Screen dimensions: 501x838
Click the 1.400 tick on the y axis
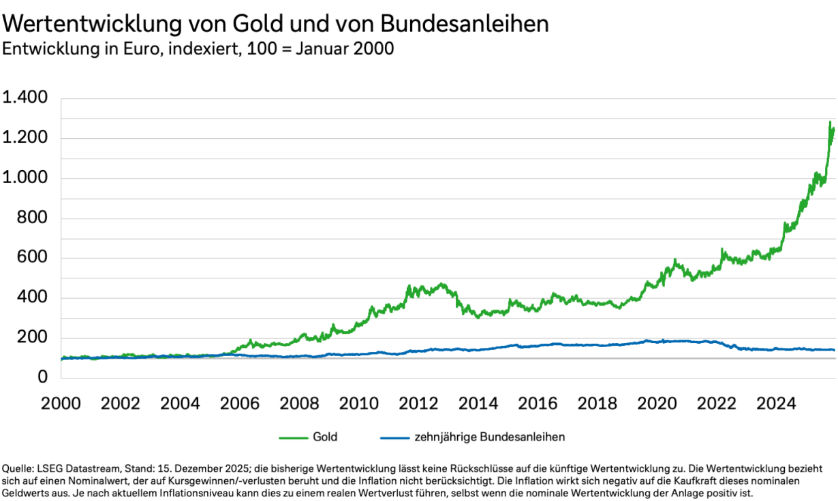[x=25, y=99]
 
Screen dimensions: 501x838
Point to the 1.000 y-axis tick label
[x=25, y=178]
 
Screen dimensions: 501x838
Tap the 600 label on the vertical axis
[x=35, y=258]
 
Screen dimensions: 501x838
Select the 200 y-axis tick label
[x=35, y=338]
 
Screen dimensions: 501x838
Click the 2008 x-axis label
[x=300, y=403]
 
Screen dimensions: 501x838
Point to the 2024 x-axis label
[x=777, y=403]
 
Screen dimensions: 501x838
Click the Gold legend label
[x=325, y=437]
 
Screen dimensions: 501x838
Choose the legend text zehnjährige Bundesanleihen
[x=489, y=437]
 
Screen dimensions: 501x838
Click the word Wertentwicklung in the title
[x=93, y=24]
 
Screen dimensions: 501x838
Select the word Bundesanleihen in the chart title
[x=464, y=24]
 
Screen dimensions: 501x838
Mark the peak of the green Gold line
[x=831, y=123]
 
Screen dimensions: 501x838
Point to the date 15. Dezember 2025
[x=208, y=470]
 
